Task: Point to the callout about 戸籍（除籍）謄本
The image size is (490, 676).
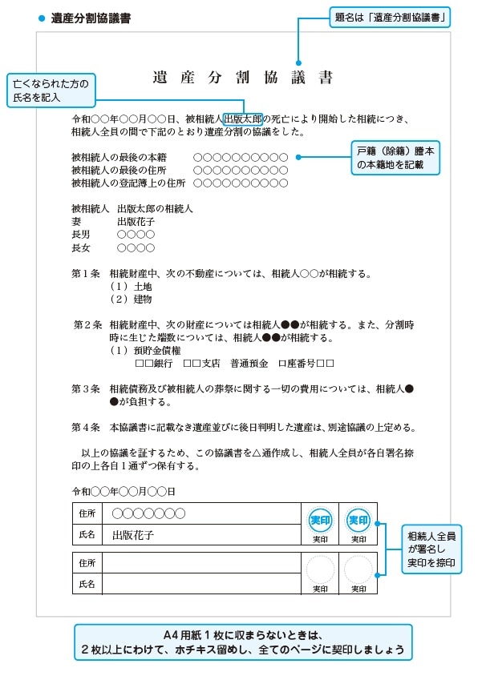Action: pos(397,158)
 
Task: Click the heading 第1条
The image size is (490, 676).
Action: pos(85,273)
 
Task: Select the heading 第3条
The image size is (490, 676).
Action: pos(85,388)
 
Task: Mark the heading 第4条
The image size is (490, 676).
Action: pos(85,427)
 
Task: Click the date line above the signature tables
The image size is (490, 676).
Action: pos(123,491)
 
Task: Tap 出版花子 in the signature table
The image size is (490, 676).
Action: pos(132,534)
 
